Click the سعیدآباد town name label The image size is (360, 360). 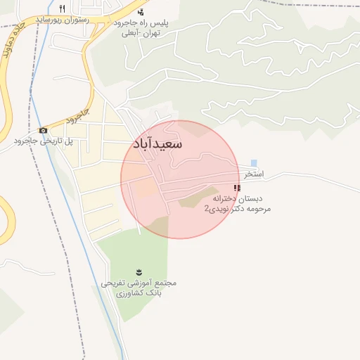coord(157,144)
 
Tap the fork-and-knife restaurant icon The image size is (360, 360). coord(63,8)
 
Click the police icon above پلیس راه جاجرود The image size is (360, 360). coord(141,12)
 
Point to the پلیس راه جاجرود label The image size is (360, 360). coord(141,23)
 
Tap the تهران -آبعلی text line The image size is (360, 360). coord(141,34)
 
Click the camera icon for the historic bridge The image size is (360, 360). coord(44,130)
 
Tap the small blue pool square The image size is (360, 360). coord(254,163)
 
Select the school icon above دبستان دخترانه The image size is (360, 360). coord(237,188)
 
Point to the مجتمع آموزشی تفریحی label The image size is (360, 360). coord(139,283)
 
